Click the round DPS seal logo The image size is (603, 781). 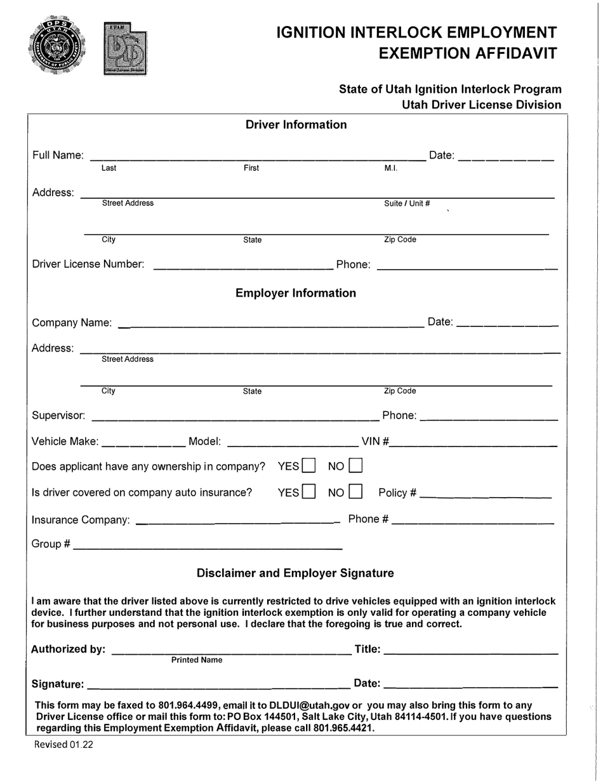(56, 47)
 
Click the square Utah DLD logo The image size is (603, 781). (126, 50)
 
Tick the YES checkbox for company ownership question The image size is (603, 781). (308, 466)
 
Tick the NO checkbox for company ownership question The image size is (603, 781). (355, 466)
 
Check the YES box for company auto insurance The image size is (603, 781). (308, 492)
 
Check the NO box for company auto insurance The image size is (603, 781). (355, 492)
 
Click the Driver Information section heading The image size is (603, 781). (296, 124)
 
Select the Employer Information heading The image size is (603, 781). (296, 293)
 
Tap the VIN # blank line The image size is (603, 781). (473, 444)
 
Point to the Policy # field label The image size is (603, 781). (397, 493)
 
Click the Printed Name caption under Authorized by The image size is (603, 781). (197, 660)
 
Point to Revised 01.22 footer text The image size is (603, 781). (63, 745)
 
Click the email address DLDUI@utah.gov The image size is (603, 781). (309, 705)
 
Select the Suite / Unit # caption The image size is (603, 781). (407, 204)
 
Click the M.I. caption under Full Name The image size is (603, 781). (390, 168)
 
